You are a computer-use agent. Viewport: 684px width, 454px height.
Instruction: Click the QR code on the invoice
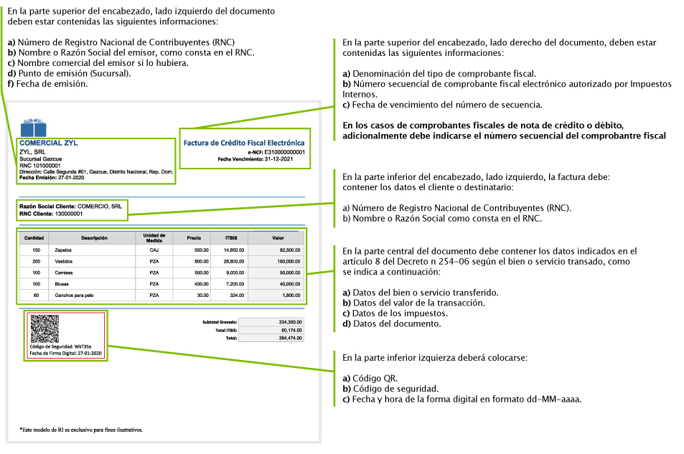43,329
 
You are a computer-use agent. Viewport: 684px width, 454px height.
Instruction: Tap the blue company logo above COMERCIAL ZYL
32,128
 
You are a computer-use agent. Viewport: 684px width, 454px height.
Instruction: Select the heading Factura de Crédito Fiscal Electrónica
243,143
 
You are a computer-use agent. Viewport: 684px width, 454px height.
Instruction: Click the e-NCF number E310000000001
284,152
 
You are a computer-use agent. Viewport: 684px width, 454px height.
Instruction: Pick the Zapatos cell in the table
63,250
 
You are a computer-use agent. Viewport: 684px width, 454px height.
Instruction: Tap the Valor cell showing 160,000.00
286,261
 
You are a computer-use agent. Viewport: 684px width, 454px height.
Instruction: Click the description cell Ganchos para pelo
75,295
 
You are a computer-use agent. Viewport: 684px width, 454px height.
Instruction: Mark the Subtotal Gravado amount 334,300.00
289,322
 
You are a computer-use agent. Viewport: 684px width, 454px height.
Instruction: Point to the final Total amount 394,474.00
289,338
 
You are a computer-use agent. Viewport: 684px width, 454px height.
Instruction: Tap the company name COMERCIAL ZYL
49,143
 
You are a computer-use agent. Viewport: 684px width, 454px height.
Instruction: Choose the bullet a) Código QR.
370,379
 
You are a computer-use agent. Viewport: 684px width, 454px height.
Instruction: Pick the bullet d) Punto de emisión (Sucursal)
70,73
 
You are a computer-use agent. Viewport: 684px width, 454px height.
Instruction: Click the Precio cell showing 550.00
201,250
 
